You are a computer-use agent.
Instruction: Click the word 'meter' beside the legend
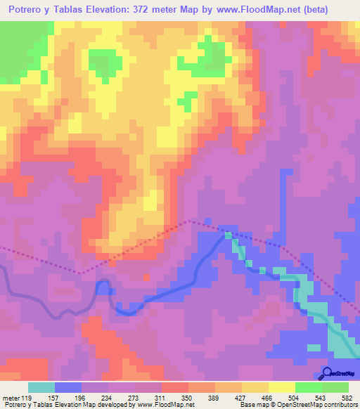[x=11, y=398]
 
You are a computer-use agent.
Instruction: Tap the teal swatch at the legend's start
[x=41, y=387]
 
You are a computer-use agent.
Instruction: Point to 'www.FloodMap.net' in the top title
[x=249, y=10]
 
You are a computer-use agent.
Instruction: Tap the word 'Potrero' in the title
[x=30, y=10]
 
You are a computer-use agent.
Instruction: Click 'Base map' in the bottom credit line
[x=251, y=405]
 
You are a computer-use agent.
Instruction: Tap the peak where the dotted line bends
[x=188, y=221]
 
